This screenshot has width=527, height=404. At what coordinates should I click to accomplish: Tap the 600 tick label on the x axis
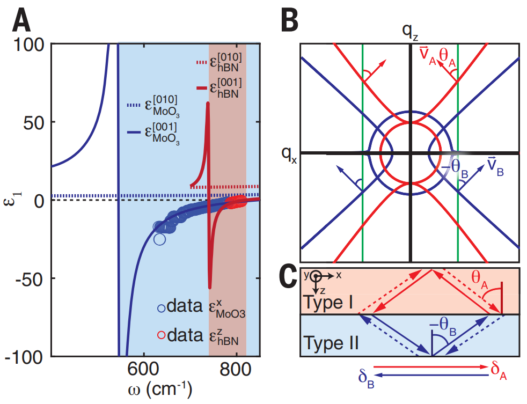(144, 370)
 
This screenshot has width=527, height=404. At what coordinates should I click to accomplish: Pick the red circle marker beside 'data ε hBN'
(161, 336)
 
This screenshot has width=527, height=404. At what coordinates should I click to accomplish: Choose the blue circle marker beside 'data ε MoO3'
(161, 308)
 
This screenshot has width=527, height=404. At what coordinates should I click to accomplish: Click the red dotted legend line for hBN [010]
(202, 63)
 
